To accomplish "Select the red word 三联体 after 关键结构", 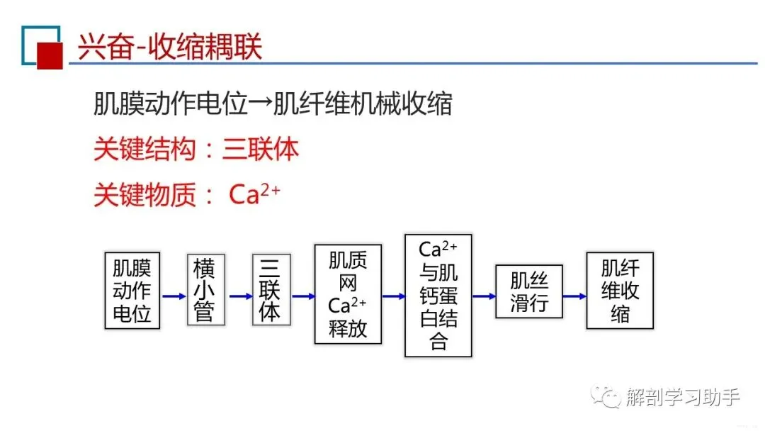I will (x=261, y=150).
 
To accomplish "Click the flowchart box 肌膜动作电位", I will (x=132, y=289).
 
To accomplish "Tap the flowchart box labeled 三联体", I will (x=271, y=289).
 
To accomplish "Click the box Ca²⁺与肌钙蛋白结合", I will (x=438, y=295).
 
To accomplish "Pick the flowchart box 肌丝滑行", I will (x=529, y=291).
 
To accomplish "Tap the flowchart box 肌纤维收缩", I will (x=620, y=290).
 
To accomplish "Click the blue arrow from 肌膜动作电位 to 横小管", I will (x=174, y=296).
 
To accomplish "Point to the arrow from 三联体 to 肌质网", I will (x=302, y=296).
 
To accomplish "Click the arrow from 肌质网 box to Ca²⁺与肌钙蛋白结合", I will (x=393, y=296).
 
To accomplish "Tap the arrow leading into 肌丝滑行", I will (x=484, y=296).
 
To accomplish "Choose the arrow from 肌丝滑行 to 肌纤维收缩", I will (x=574, y=296).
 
